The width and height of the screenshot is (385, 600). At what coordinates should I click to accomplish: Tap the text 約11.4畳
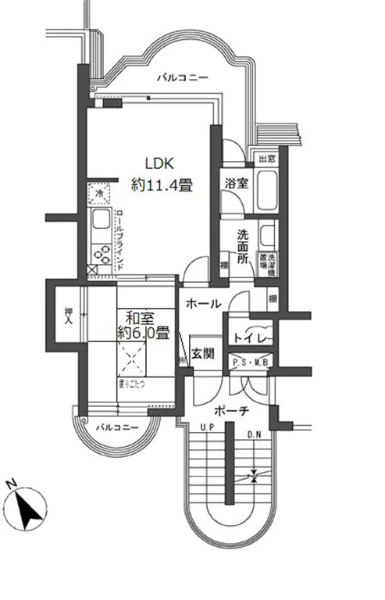pyautogui.click(x=162, y=186)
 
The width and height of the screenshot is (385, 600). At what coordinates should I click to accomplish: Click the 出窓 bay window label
pyautogui.click(x=266, y=159)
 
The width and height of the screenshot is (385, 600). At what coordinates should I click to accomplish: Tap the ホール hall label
pyautogui.click(x=204, y=304)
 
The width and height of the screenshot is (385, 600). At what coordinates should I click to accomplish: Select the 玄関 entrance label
pyautogui.click(x=205, y=353)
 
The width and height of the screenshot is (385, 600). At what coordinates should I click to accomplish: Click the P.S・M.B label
pyautogui.click(x=251, y=362)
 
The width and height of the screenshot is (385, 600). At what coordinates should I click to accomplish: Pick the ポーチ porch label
pyautogui.click(x=233, y=411)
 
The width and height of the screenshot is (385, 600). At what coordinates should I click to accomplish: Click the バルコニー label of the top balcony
pyautogui.click(x=182, y=78)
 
